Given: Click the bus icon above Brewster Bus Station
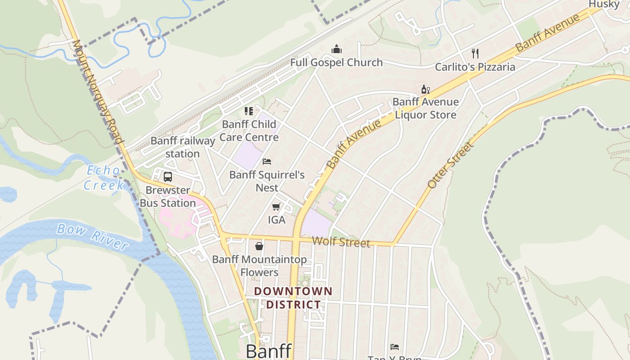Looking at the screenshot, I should [x=168, y=177].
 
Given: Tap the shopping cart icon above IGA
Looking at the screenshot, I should [x=276, y=207].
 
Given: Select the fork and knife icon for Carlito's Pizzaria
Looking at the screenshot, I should [x=475, y=54].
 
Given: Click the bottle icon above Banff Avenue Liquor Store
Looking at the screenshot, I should [x=425, y=89].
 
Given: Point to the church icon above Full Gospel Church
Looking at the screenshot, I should [x=337, y=49].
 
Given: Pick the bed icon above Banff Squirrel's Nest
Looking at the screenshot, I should [x=267, y=161].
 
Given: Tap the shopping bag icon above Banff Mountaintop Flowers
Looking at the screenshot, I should [x=259, y=246].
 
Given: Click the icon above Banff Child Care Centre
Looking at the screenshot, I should [x=249, y=111].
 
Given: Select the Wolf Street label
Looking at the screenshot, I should [x=341, y=242].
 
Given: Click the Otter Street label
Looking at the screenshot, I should [x=450, y=165].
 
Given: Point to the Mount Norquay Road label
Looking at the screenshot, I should [x=98, y=92].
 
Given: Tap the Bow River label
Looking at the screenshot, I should [x=93, y=236].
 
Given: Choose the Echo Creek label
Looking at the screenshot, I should [x=103, y=178].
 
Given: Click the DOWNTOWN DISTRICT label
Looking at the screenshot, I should [x=293, y=298].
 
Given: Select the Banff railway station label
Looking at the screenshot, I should [x=183, y=147].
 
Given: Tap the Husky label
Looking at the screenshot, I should [x=604, y=4].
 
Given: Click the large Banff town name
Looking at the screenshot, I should [x=269, y=351].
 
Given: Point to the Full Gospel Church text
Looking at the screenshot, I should [x=337, y=63].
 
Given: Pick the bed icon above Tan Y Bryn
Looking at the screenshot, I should [x=395, y=347].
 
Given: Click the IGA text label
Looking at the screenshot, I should [x=277, y=220].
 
